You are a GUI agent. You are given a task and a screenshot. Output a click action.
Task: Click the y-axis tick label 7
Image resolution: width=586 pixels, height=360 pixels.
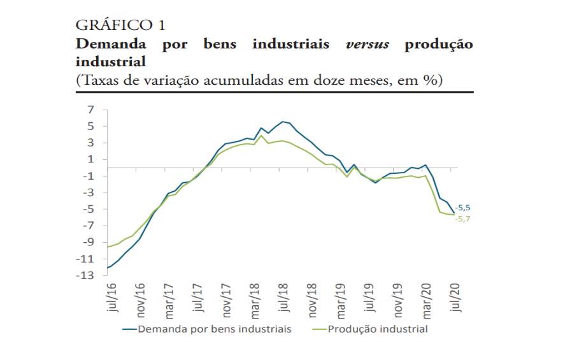pos(91,110)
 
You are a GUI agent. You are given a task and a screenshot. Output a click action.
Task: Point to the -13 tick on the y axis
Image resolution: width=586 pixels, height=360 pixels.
pos(87,275)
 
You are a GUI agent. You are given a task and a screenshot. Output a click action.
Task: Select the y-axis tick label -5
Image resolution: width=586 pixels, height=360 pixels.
pos(89,209)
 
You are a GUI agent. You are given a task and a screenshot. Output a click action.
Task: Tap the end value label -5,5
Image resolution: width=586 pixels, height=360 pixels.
pos(462,208)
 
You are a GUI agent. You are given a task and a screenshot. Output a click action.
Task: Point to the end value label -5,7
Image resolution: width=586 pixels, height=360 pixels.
pos(462,219)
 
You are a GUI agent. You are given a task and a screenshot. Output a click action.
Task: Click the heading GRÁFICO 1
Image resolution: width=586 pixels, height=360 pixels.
pos(120,25)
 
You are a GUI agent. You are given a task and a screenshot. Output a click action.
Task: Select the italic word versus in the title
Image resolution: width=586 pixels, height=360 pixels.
pos(368,45)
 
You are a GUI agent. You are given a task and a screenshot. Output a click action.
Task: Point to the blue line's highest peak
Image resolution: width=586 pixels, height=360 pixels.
pos(282,121)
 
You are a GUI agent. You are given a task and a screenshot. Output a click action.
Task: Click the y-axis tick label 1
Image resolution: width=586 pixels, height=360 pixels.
pos(91,159)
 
